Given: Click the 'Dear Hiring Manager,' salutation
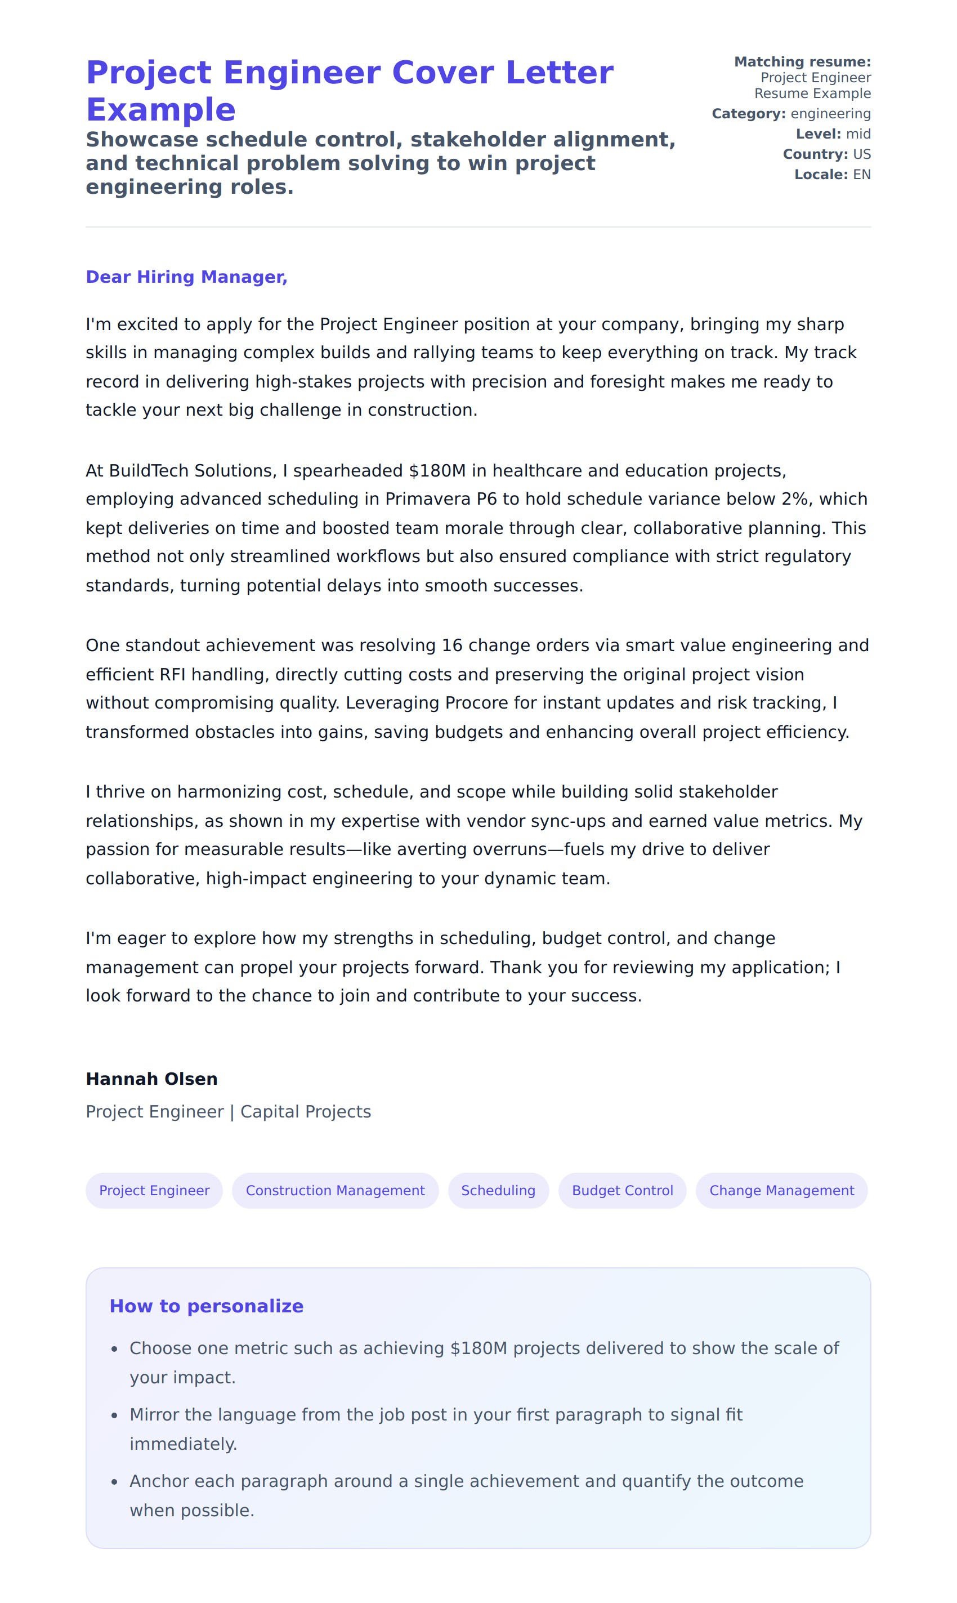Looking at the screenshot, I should coord(186,277).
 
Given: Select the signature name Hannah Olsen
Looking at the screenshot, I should coord(151,1079).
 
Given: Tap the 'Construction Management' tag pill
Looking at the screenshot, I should coord(335,1190).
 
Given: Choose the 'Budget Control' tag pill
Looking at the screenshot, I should coord(622,1190).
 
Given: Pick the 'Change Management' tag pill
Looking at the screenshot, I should coord(781,1190).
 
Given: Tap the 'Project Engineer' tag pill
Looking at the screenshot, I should coord(154,1190).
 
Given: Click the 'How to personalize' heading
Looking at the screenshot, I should coord(207,1306).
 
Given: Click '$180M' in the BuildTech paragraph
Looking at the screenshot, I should coord(437,470).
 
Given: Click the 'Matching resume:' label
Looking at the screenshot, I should coord(802,62).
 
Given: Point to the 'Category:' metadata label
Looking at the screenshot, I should coord(748,114).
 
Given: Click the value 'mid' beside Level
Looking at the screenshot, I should coord(858,134).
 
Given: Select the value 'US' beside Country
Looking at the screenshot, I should coord(861,154).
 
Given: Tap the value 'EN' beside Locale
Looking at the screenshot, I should coord(861,175).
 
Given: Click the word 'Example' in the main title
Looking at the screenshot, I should coord(160,110).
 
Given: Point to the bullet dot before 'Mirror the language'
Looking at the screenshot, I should coord(114,1416).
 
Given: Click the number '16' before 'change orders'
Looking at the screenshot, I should coord(451,645).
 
